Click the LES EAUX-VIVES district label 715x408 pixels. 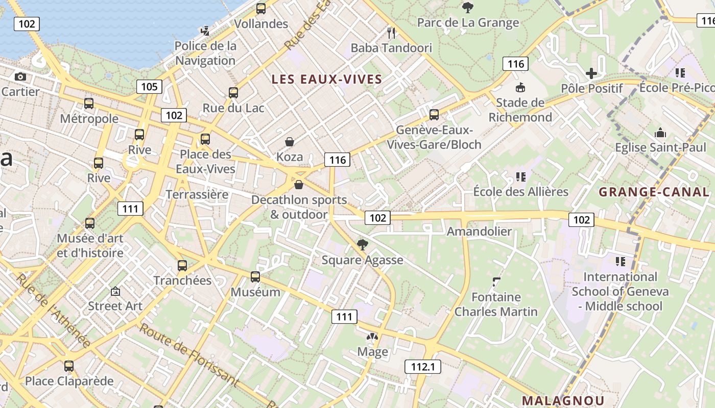pos(327,79)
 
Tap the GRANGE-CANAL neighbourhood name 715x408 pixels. pos(654,192)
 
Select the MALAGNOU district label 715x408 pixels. pos(563,401)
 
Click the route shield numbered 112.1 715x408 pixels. pos(422,366)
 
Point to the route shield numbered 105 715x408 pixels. pos(149,87)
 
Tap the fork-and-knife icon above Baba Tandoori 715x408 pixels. pos(392,33)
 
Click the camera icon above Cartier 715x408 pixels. pos(20,77)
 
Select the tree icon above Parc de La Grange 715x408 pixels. pos(467,7)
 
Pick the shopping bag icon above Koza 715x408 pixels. pos(290,141)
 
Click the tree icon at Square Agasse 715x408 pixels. pos(363,245)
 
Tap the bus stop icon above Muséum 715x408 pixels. pos(255,277)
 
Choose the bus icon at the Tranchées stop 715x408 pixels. pos(182,266)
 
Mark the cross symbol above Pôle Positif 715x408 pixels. pos(591,73)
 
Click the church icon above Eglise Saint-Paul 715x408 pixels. pos(660,133)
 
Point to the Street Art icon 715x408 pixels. pos(115,292)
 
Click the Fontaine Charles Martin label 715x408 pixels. pos(496,304)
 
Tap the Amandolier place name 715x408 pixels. pos(479,232)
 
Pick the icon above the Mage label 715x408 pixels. pos(373,337)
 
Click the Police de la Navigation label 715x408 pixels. pos(205,53)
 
